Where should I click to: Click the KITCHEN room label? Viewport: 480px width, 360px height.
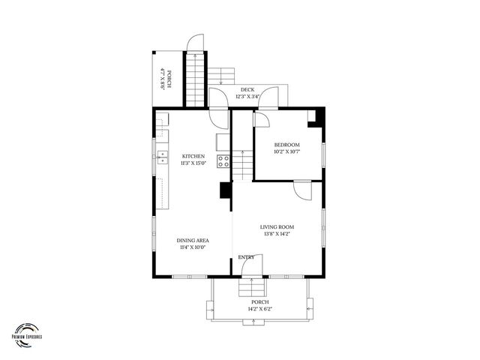(x=193, y=156)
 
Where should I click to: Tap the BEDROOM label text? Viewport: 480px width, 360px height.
(x=286, y=145)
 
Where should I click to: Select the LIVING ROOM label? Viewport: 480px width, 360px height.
(x=277, y=227)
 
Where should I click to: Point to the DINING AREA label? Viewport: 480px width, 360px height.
(x=193, y=241)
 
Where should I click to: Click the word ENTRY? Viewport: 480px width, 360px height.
(x=246, y=257)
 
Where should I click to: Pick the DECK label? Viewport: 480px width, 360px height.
(x=247, y=89)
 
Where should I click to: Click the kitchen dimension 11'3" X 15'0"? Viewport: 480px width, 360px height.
(x=193, y=163)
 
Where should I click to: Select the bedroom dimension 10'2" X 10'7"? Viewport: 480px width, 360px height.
(x=286, y=151)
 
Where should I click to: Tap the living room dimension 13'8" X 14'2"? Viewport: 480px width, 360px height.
(x=277, y=234)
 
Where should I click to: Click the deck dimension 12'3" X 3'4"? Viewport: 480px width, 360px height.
(x=247, y=96)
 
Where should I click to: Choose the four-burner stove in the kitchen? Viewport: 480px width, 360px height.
(x=223, y=160)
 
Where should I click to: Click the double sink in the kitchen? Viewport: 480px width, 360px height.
(x=161, y=157)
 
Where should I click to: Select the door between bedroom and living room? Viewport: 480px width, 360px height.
(x=301, y=190)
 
